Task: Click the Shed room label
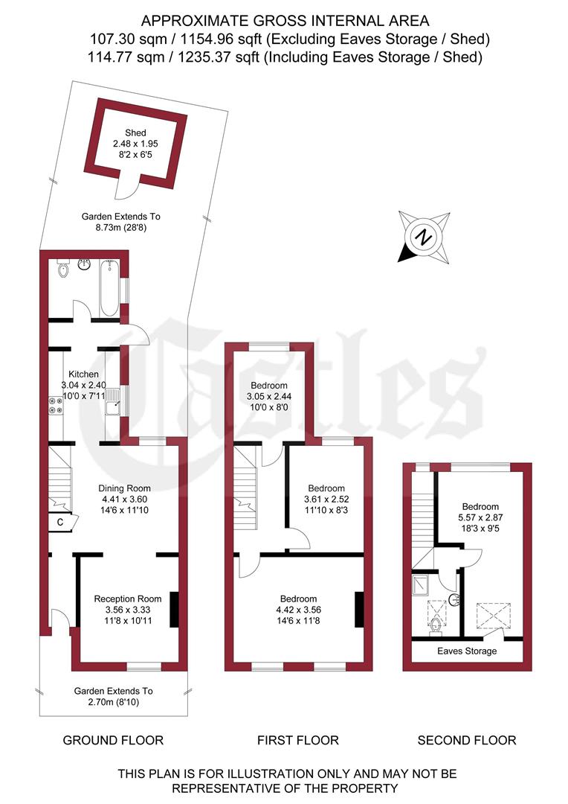(136, 133)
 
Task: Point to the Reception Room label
(127, 599)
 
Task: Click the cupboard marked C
(59, 523)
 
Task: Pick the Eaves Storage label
(467, 651)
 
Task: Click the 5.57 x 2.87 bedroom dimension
(480, 517)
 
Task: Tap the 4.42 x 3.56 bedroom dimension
(298, 610)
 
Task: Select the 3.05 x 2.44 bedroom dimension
(268, 396)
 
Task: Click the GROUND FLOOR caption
(113, 740)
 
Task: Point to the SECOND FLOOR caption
(467, 740)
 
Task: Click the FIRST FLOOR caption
(298, 740)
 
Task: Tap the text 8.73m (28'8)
(120, 229)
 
